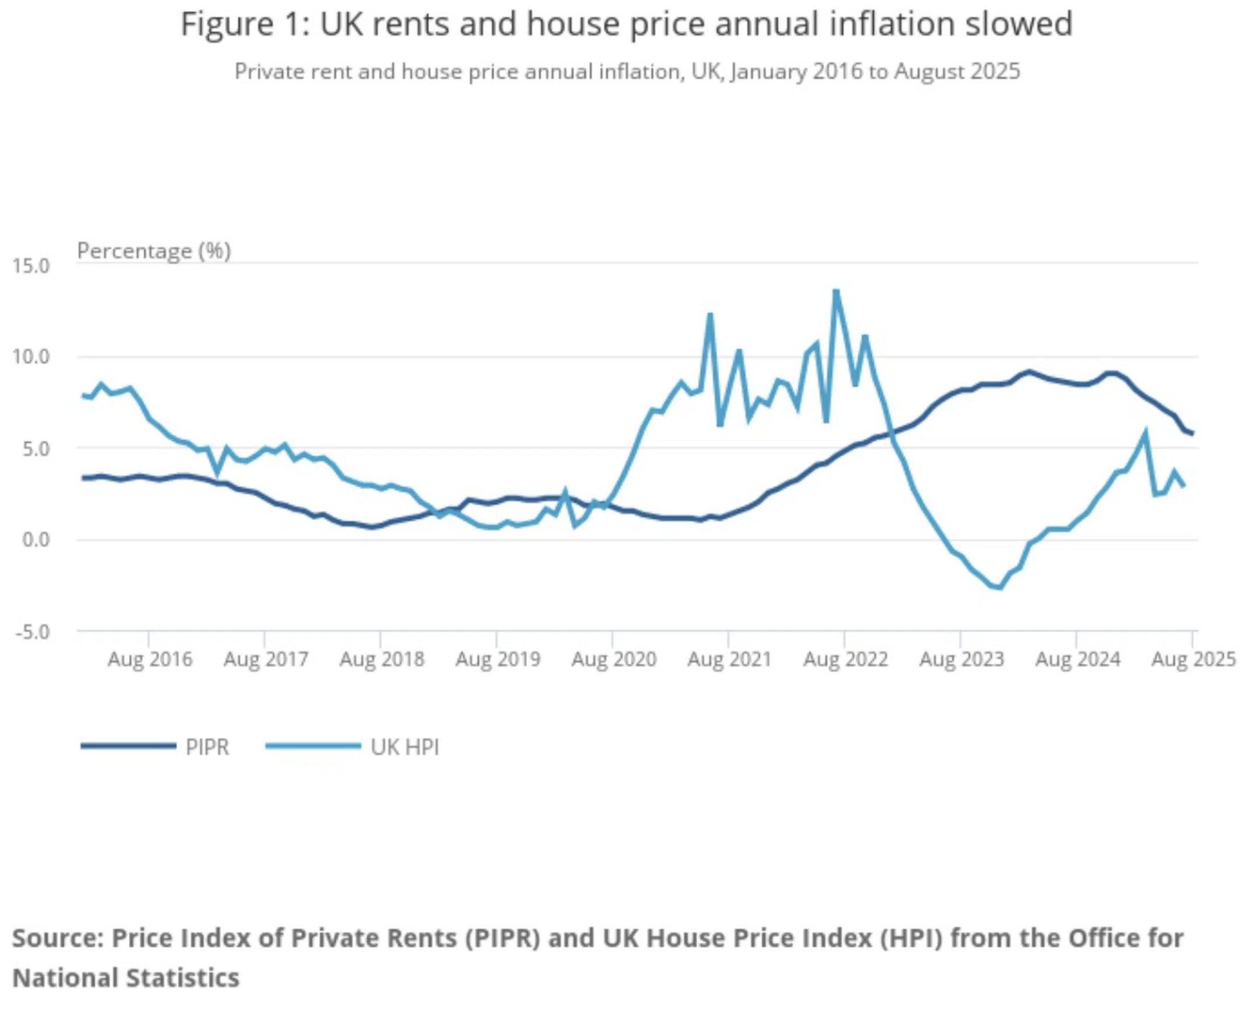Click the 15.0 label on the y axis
point(31,267)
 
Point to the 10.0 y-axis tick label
point(31,357)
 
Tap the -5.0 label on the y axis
point(32,632)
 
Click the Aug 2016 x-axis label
point(150,660)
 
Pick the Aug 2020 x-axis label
point(614,660)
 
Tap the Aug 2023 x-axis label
point(962,660)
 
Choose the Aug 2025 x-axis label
point(1193,660)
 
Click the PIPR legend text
point(207,747)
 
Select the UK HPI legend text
point(405,747)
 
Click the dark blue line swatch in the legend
point(128,746)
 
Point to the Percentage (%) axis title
point(154,251)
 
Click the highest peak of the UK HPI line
point(836,291)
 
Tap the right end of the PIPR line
point(1193,433)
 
